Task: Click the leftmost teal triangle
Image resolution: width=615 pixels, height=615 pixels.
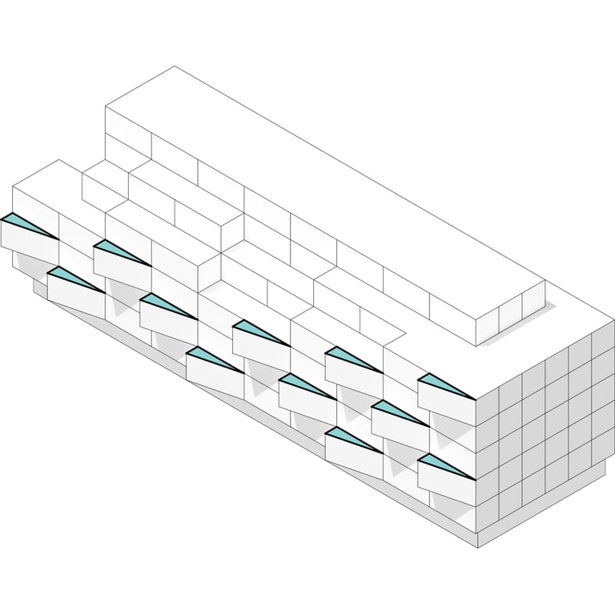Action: coord(24,223)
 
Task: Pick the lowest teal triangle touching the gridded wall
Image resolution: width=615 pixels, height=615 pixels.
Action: coord(442,466)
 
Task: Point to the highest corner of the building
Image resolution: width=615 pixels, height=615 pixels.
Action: coord(175,66)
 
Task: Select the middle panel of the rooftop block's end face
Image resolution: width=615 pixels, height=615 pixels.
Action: coord(510,314)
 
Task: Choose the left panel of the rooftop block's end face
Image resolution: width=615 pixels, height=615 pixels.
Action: coord(487,326)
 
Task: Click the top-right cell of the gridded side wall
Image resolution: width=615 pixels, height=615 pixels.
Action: coord(603,339)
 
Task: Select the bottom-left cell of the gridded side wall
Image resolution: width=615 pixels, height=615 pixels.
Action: coord(488,517)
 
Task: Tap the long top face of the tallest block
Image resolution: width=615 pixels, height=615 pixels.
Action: coord(320,192)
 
